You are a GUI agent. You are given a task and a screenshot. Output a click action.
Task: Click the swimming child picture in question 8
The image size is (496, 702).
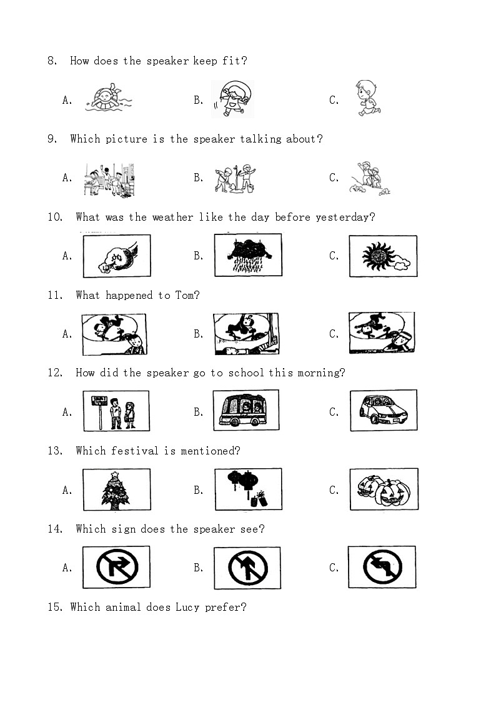pos(108,98)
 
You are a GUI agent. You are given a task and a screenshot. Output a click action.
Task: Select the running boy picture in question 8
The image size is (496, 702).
pos(368,98)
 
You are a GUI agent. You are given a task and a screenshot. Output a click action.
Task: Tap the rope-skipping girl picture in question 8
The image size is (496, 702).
pos(232,99)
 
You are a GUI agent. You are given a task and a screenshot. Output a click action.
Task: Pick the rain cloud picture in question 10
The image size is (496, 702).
pos(248,255)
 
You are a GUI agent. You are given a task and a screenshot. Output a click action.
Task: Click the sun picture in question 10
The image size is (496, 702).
pos(384,256)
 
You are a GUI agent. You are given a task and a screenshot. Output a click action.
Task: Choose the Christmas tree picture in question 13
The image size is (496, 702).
pos(117,490)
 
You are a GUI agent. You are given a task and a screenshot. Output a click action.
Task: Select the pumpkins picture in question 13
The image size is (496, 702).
pos(384,489)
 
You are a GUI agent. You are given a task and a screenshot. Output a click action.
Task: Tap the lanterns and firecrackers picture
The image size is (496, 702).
pos(249,489)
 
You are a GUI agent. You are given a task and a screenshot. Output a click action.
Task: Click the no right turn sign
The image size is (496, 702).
pos(117,567)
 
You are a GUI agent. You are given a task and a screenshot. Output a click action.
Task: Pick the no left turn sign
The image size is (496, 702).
pos(382,567)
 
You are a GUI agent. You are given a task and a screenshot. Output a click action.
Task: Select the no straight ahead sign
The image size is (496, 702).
pos(248,568)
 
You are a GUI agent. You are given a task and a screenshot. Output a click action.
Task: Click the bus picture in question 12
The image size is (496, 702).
pos(246,410)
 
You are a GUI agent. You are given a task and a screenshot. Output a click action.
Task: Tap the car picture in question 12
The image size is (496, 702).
pos(384,411)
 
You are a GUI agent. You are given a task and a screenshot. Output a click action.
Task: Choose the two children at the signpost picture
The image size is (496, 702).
pos(116,411)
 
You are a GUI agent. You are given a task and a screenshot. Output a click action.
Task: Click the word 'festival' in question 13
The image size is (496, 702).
pos(135,451)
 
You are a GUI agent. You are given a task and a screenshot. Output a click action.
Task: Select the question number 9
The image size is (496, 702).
pos(52,139)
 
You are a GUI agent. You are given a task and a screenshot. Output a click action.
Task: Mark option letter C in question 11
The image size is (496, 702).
pos(334,334)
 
